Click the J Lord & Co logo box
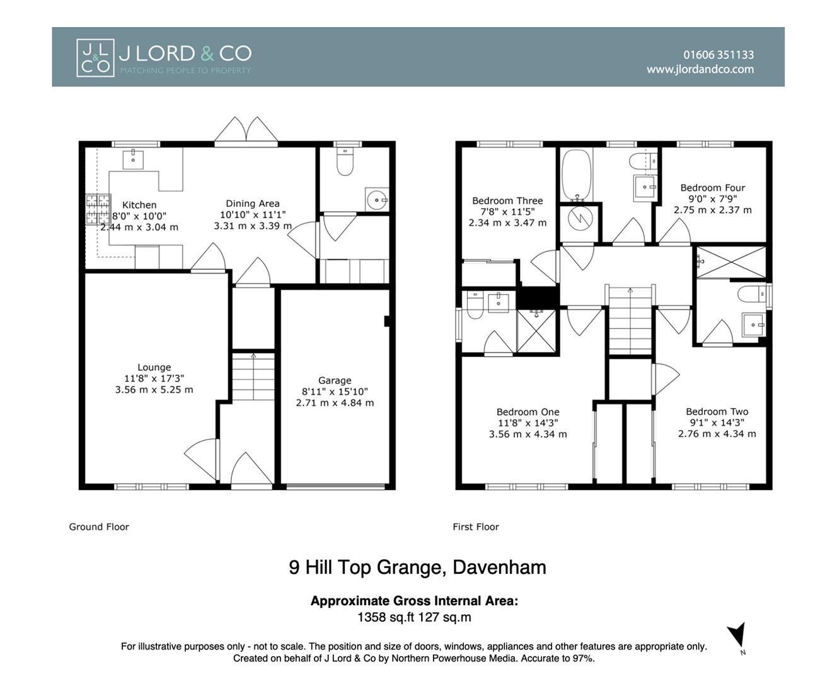95,58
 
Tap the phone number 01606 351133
718,55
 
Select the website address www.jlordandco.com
700,69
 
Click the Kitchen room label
139,205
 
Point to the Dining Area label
252,204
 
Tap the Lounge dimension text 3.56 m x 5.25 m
154,390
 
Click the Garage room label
335,380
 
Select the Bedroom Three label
507,201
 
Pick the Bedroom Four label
712,187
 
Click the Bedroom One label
528,412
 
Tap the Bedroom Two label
717,412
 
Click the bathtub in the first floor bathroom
575,174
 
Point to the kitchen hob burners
98,210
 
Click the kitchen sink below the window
133,159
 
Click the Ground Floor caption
99,527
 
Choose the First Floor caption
475,527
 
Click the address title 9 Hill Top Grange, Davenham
417,567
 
